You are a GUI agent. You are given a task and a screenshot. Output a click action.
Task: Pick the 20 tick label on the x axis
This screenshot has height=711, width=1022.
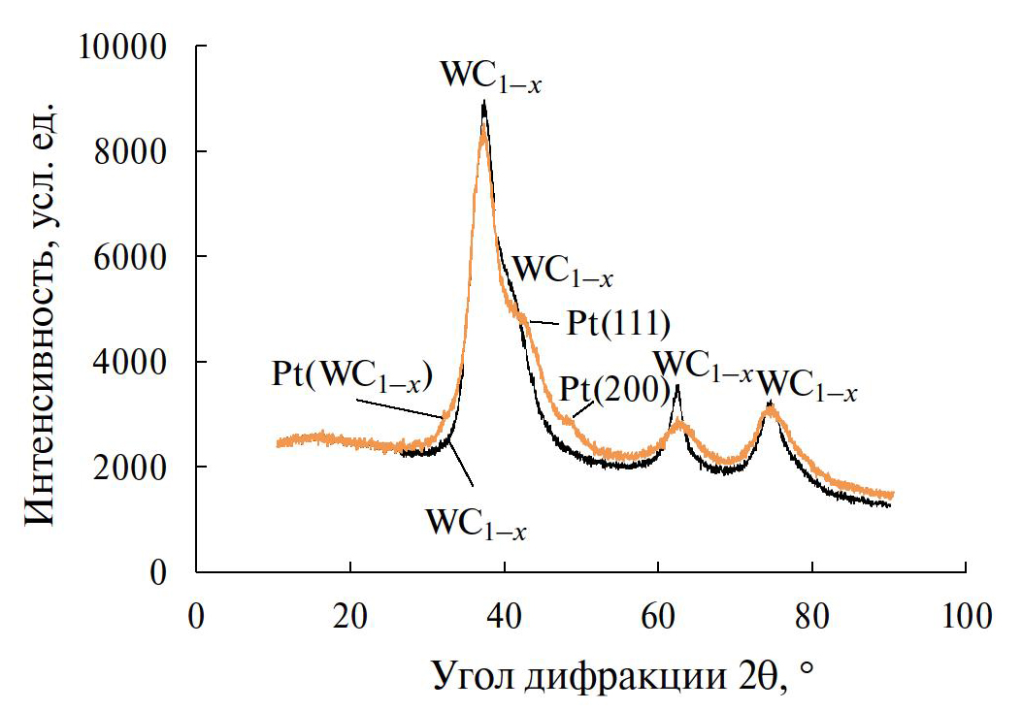(x=350, y=615)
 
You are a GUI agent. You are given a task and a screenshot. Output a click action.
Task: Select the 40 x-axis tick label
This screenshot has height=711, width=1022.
(x=504, y=615)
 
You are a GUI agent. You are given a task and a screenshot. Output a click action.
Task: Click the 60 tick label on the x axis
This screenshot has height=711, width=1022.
(x=658, y=615)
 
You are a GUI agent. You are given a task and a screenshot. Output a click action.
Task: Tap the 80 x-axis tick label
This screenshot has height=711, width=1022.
(x=811, y=615)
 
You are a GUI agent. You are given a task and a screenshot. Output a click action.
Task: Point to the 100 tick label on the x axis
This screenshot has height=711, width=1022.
(x=966, y=615)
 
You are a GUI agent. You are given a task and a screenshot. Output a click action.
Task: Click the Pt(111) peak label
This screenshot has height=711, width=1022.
(x=618, y=322)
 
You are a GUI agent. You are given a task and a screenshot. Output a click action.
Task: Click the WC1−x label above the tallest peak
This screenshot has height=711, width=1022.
(x=490, y=76)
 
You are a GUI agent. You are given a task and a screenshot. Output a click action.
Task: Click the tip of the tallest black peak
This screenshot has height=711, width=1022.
(x=483, y=101)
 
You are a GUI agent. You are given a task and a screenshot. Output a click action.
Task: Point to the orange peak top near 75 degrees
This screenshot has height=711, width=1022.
(x=770, y=408)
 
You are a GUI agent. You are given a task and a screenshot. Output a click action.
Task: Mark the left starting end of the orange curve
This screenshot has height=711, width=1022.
(x=278, y=444)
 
